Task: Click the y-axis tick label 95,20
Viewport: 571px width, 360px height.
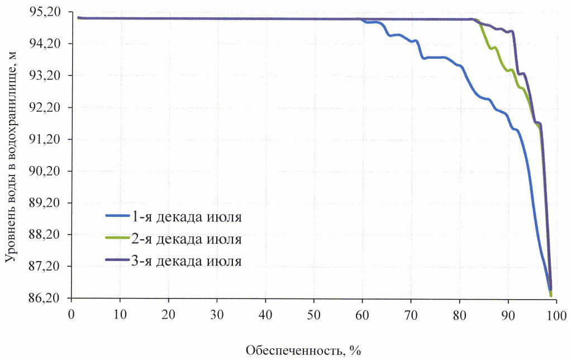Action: point(50,12)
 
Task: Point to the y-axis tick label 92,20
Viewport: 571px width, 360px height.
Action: point(50,107)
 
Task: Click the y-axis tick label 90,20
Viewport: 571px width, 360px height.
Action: point(50,171)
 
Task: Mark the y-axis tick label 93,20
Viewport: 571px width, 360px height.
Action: point(50,75)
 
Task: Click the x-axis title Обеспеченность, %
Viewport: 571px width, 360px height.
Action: point(304,350)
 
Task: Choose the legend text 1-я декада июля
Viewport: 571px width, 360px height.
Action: point(187,217)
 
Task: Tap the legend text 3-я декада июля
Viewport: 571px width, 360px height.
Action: point(187,260)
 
